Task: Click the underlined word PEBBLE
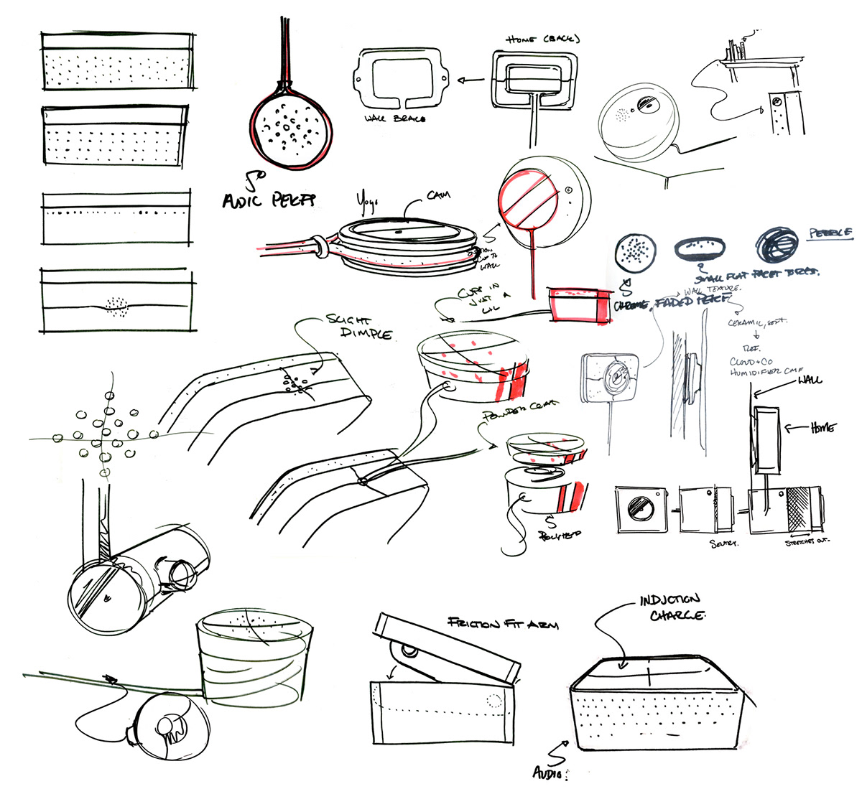click(x=830, y=233)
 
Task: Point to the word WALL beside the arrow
click(x=809, y=380)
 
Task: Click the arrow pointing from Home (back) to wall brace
click(x=471, y=83)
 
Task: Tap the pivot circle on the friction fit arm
click(x=409, y=652)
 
